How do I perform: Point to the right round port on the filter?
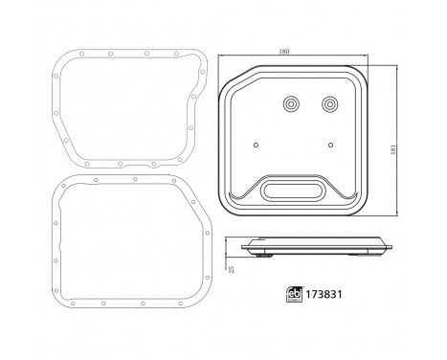pyautogui.click(x=330, y=104)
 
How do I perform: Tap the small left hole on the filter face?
pyautogui.click(x=255, y=146)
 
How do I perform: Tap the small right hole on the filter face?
pyautogui.click(x=331, y=146)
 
